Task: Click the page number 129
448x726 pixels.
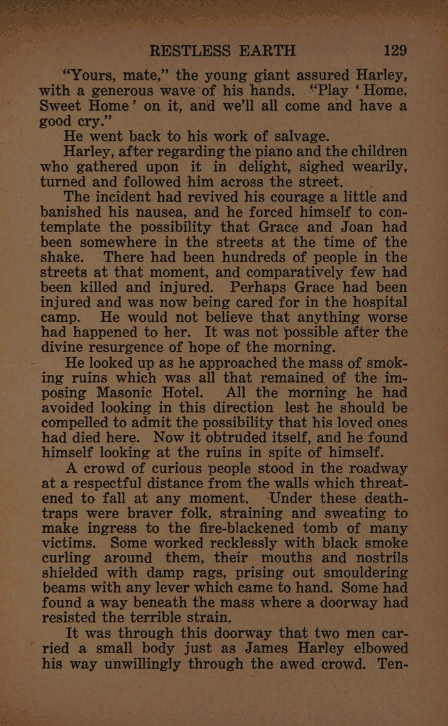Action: (x=392, y=51)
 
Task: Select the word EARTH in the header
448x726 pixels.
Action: (x=268, y=51)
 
